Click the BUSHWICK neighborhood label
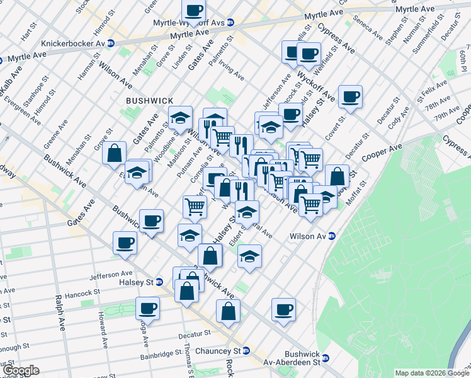coord(149,101)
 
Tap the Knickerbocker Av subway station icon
coord(111,43)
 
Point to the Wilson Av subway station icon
coord(332,236)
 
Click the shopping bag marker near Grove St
coord(115,152)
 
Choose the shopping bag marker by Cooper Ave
coord(338,176)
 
